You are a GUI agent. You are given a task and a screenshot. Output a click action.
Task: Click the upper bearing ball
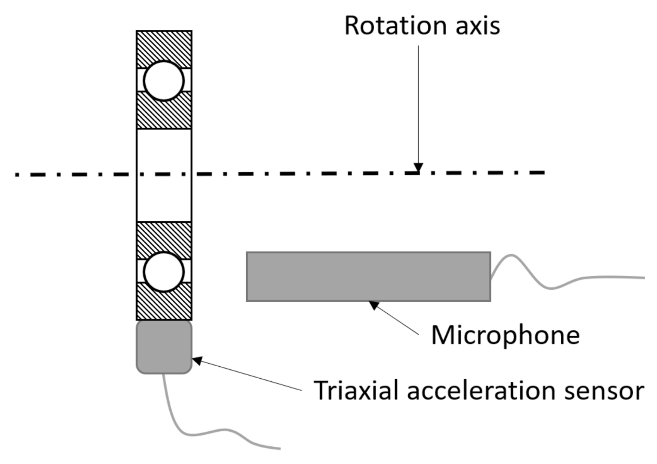click(164, 81)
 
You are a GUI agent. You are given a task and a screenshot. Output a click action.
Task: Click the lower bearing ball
click(164, 272)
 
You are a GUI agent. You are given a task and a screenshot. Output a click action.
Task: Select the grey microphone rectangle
click(368, 277)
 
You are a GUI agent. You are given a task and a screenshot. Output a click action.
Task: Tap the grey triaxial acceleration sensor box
click(164, 347)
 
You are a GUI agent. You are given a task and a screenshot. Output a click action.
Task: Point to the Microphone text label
click(505, 335)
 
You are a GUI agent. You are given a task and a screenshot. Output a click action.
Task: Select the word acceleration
click(481, 391)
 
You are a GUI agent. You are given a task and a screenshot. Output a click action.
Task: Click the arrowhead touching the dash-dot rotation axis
click(418, 168)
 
